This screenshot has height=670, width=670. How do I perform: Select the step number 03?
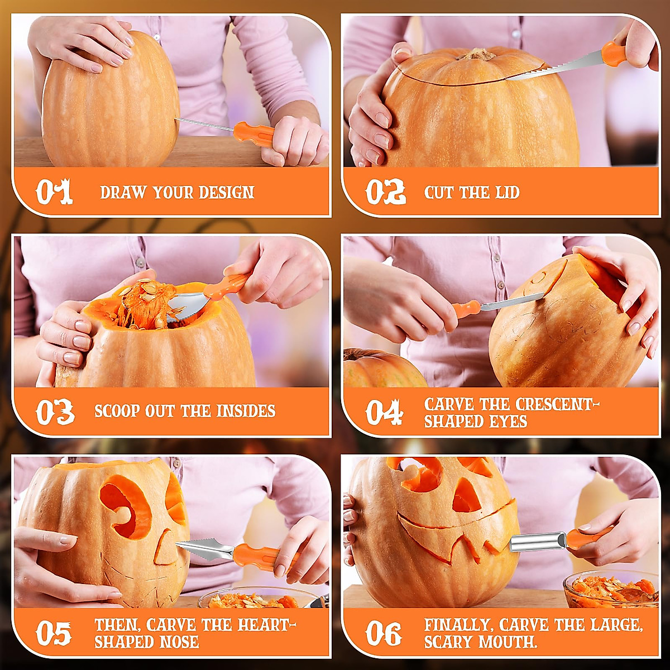[x=55, y=411]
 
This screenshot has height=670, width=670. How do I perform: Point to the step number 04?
[x=385, y=413]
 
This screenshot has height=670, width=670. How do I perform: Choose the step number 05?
[x=54, y=634]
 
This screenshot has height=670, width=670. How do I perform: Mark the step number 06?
[x=384, y=634]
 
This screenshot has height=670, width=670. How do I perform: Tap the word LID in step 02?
[x=506, y=193]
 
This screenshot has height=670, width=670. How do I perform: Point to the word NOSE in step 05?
[x=178, y=642]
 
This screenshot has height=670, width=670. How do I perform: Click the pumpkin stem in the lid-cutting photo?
[x=477, y=54]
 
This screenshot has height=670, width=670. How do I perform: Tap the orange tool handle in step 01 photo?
[x=254, y=134]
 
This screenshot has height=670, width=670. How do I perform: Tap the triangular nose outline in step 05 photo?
[x=165, y=547]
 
